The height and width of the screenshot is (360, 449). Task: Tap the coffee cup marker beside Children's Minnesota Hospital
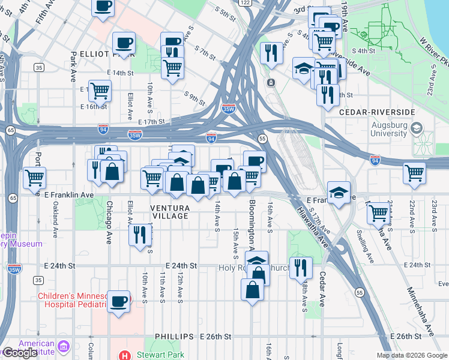pyautogui.click(x=118, y=301)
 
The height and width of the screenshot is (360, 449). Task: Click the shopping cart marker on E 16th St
pyautogui.click(x=100, y=91)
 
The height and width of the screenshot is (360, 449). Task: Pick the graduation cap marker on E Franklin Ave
pyautogui.click(x=339, y=193)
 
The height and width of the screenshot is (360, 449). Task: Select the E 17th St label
pyautogui.click(x=151, y=121)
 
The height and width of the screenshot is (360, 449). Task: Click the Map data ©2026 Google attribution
pyautogui.click(x=412, y=355)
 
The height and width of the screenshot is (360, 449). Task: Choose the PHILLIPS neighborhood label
pyautogui.click(x=174, y=337)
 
